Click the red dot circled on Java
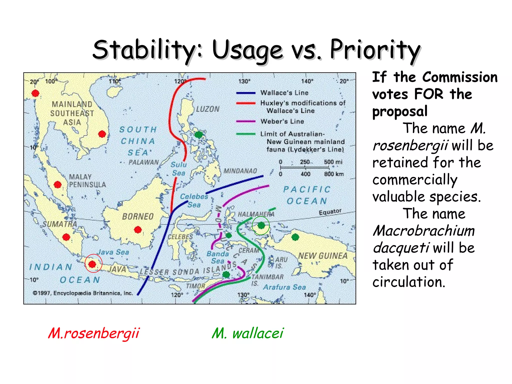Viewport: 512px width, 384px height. [92, 264]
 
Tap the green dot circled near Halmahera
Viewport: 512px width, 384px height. [261, 225]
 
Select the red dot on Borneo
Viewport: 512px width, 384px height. [138, 229]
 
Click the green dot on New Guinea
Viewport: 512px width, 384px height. [295, 237]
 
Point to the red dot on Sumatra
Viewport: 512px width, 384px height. [66, 237]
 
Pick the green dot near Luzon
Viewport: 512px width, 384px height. [198, 135]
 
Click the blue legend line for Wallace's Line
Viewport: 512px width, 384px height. [246, 93]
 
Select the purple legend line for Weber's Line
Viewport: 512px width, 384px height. [246, 121]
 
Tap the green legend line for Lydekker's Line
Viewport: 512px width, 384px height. [246, 134]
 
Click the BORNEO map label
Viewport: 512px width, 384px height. [138, 216]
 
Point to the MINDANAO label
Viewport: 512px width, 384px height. [240, 171]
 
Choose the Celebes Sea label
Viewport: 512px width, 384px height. [194, 200]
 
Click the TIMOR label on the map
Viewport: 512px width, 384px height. [195, 286]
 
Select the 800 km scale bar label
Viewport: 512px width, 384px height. [334, 174]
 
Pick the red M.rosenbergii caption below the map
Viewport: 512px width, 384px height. [94, 333]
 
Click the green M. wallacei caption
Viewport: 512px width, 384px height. [247, 333]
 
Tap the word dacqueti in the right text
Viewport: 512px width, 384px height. [401, 248]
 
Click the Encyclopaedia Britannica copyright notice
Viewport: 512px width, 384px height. [83, 293]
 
